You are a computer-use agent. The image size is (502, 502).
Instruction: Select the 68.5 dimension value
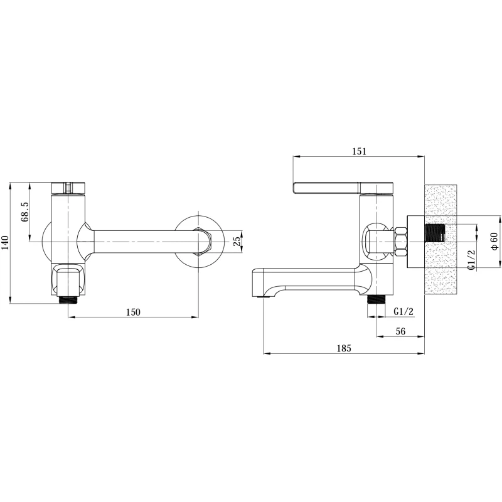tap(25, 211)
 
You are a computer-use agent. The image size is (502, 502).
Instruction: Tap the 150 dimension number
tap(133, 312)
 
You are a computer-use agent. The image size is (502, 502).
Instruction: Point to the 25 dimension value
tap(238, 241)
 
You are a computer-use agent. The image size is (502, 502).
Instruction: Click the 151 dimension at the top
tap(359, 151)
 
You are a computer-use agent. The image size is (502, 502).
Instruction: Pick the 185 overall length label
tap(344, 348)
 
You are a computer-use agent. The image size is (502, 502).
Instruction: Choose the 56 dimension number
tap(400, 331)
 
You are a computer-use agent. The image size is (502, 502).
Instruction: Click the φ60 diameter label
tap(494, 241)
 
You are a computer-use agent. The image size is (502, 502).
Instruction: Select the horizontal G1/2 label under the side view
tap(403, 311)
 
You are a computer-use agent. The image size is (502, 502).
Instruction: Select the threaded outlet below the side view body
tap(376, 300)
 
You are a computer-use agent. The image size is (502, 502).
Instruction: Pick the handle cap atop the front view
tap(68, 188)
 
